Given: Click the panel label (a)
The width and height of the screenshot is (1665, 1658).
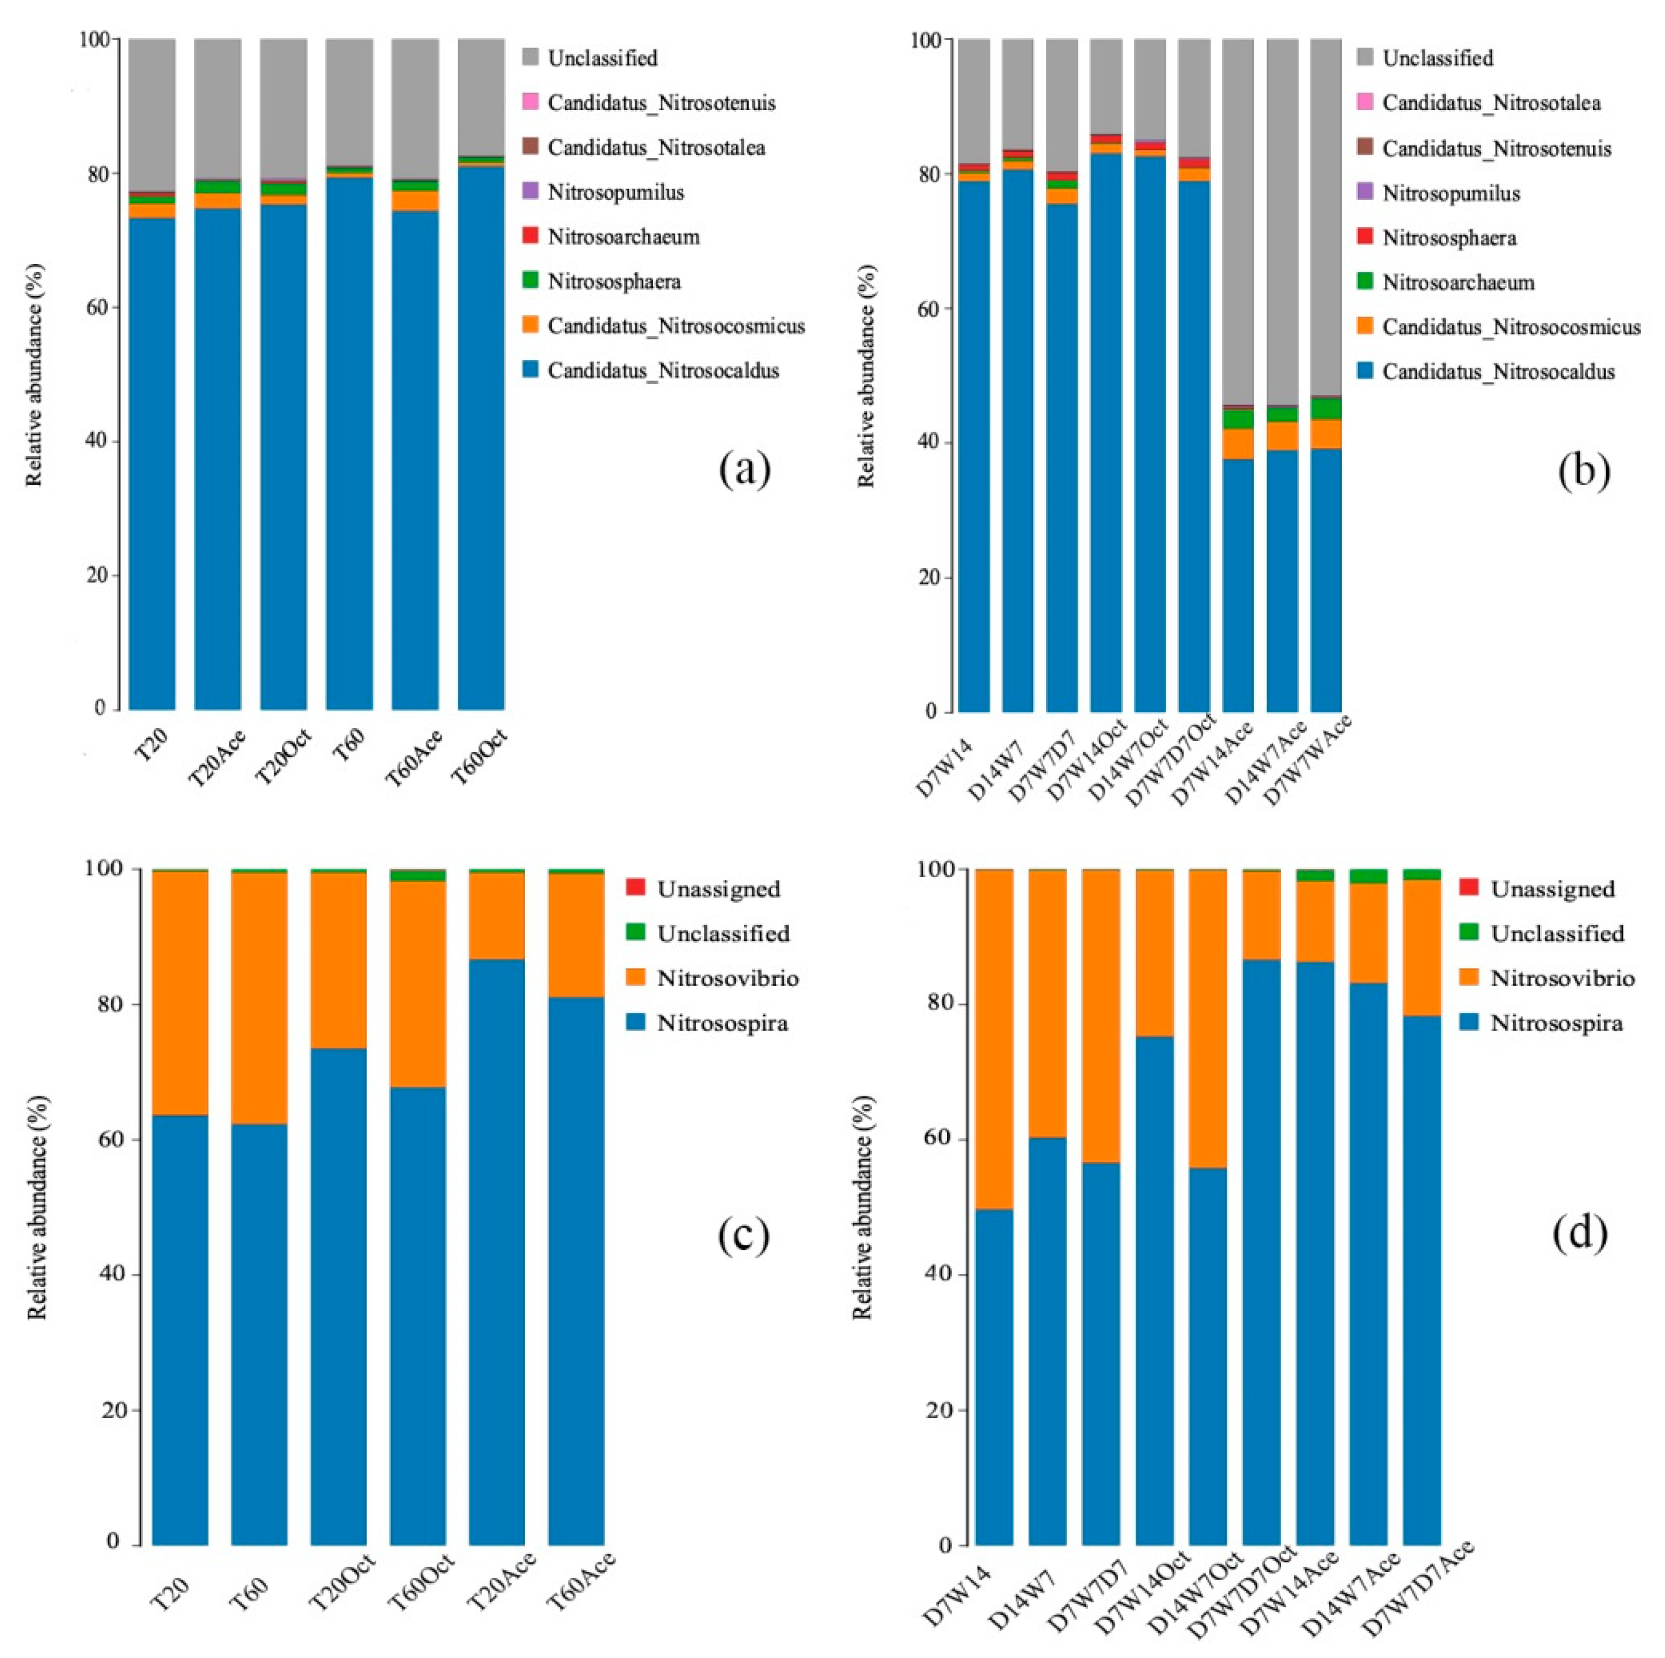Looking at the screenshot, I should (x=745, y=470).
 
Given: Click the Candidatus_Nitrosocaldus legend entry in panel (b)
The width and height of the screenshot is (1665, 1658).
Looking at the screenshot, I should (x=1498, y=372).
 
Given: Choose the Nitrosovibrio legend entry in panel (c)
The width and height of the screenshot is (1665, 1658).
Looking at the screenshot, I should (x=727, y=979).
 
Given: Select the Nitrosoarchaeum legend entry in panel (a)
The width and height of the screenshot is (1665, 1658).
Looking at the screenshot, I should (x=623, y=237).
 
